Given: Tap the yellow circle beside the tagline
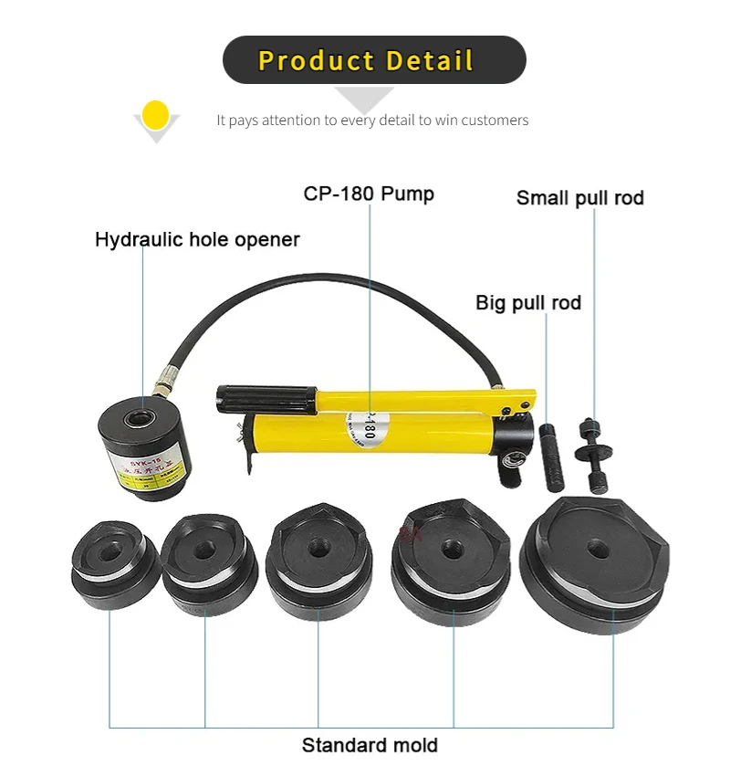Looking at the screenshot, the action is (156, 115).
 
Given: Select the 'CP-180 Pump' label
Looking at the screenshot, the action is (369, 194).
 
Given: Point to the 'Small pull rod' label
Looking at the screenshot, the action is (580, 198).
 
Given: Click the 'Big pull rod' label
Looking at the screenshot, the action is (528, 303).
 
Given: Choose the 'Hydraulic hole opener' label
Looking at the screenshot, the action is (197, 240).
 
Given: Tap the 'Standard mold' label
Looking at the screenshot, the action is (370, 745).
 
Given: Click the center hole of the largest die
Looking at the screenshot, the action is (598, 549).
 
